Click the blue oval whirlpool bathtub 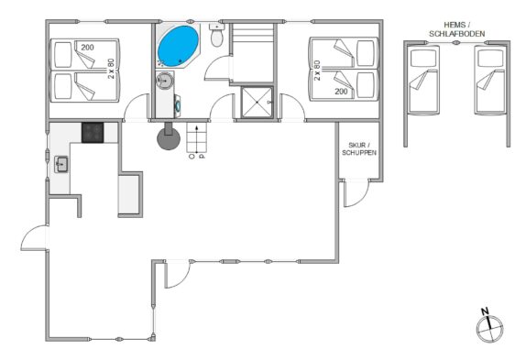178,46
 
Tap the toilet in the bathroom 216,35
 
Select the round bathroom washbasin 165,81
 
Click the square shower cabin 257,103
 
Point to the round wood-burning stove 169,138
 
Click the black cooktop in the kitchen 93,133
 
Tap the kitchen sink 61,164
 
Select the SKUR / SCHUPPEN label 359,148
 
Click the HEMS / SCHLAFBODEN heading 457,29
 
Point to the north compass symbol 489,326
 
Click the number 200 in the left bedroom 87,48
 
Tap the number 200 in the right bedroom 341,92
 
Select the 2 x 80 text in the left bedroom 111,69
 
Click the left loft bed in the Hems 423,80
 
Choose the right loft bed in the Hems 490,80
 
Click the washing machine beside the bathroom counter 178,106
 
